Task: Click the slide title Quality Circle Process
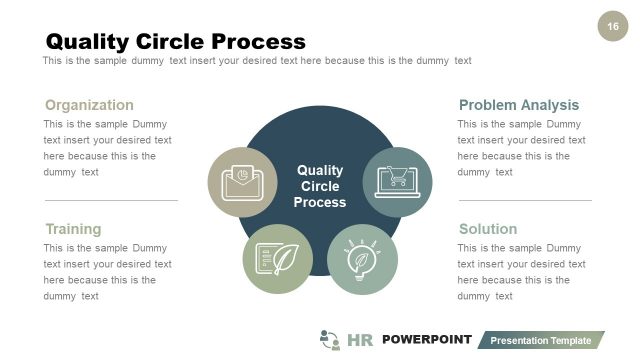(x=176, y=41)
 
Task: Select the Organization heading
(x=89, y=105)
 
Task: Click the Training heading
(x=73, y=229)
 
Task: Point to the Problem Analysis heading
(x=518, y=105)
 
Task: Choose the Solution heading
(x=488, y=229)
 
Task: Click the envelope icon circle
(x=242, y=182)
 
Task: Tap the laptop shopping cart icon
(x=397, y=181)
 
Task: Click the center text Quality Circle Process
(x=320, y=186)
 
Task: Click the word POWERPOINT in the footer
(x=426, y=339)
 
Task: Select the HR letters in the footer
(x=360, y=340)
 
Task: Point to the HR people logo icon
(x=330, y=339)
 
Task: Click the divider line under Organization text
(x=110, y=200)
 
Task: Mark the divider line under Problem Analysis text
(x=524, y=200)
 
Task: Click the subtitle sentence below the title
(x=256, y=61)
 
